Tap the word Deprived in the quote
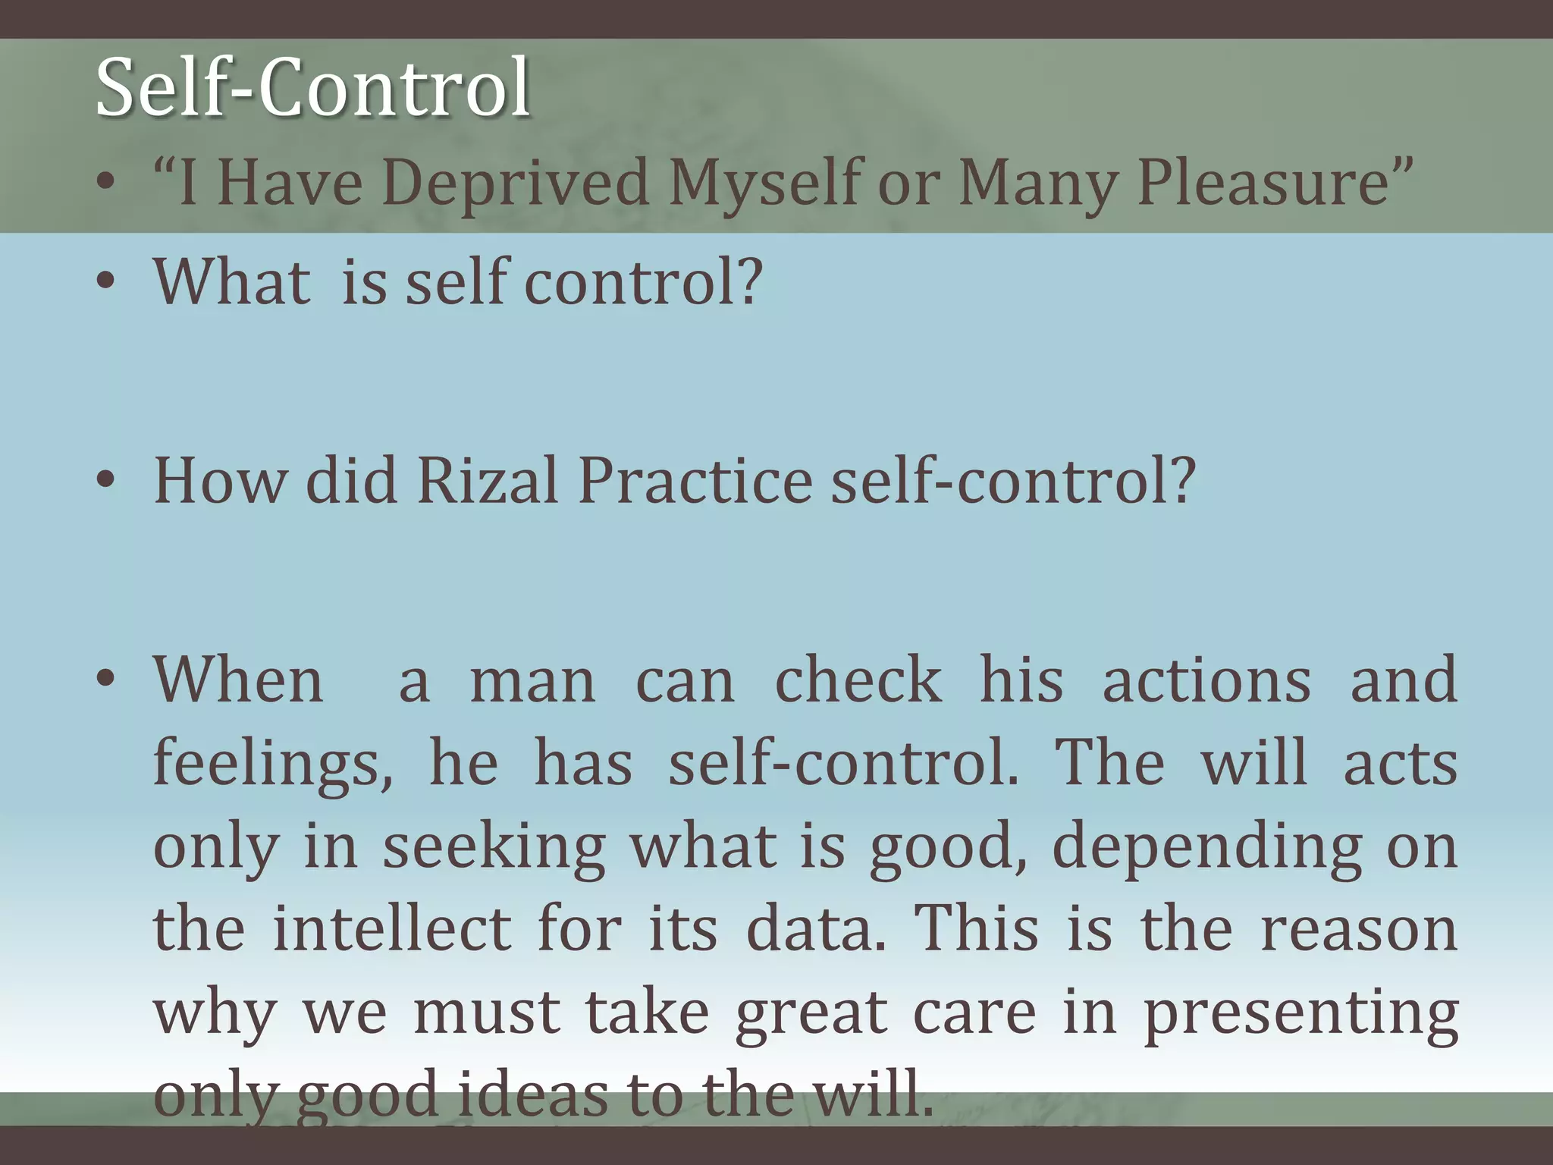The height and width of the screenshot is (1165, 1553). pos(516,183)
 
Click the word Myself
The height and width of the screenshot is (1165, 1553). pos(767,183)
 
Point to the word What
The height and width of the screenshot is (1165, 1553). pos(232,281)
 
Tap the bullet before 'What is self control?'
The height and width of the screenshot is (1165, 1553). pos(106,282)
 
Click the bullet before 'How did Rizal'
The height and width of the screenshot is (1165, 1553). pos(106,481)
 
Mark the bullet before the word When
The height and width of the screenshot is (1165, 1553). pos(106,678)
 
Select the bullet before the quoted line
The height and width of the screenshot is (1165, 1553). pos(106,184)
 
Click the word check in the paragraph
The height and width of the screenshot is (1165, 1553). pos(858,680)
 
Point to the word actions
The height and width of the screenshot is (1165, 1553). pos(1206,680)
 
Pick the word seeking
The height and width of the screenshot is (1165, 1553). pos(494,846)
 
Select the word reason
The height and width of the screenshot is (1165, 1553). pos(1358,930)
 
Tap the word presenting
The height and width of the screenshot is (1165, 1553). pos(1300,1013)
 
